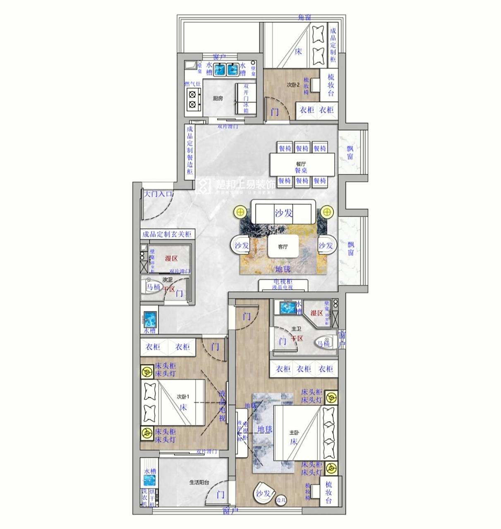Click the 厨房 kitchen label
pyautogui.click(x=218, y=98)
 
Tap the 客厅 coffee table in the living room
pyautogui.click(x=283, y=247)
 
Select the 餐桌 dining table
pyautogui.click(x=302, y=164)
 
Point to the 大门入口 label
pyautogui.click(x=157, y=193)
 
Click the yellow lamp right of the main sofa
pyautogui.click(x=327, y=212)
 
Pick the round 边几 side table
pyautogui.click(x=281, y=500)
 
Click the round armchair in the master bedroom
pyautogui.click(x=264, y=493)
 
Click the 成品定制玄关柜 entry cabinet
pyautogui.click(x=167, y=234)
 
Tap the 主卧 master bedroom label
pyautogui.click(x=294, y=433)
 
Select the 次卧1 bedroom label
pyautogui.click(x=182, y=396)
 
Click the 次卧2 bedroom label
pyautogui.click(x=293, y=85)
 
